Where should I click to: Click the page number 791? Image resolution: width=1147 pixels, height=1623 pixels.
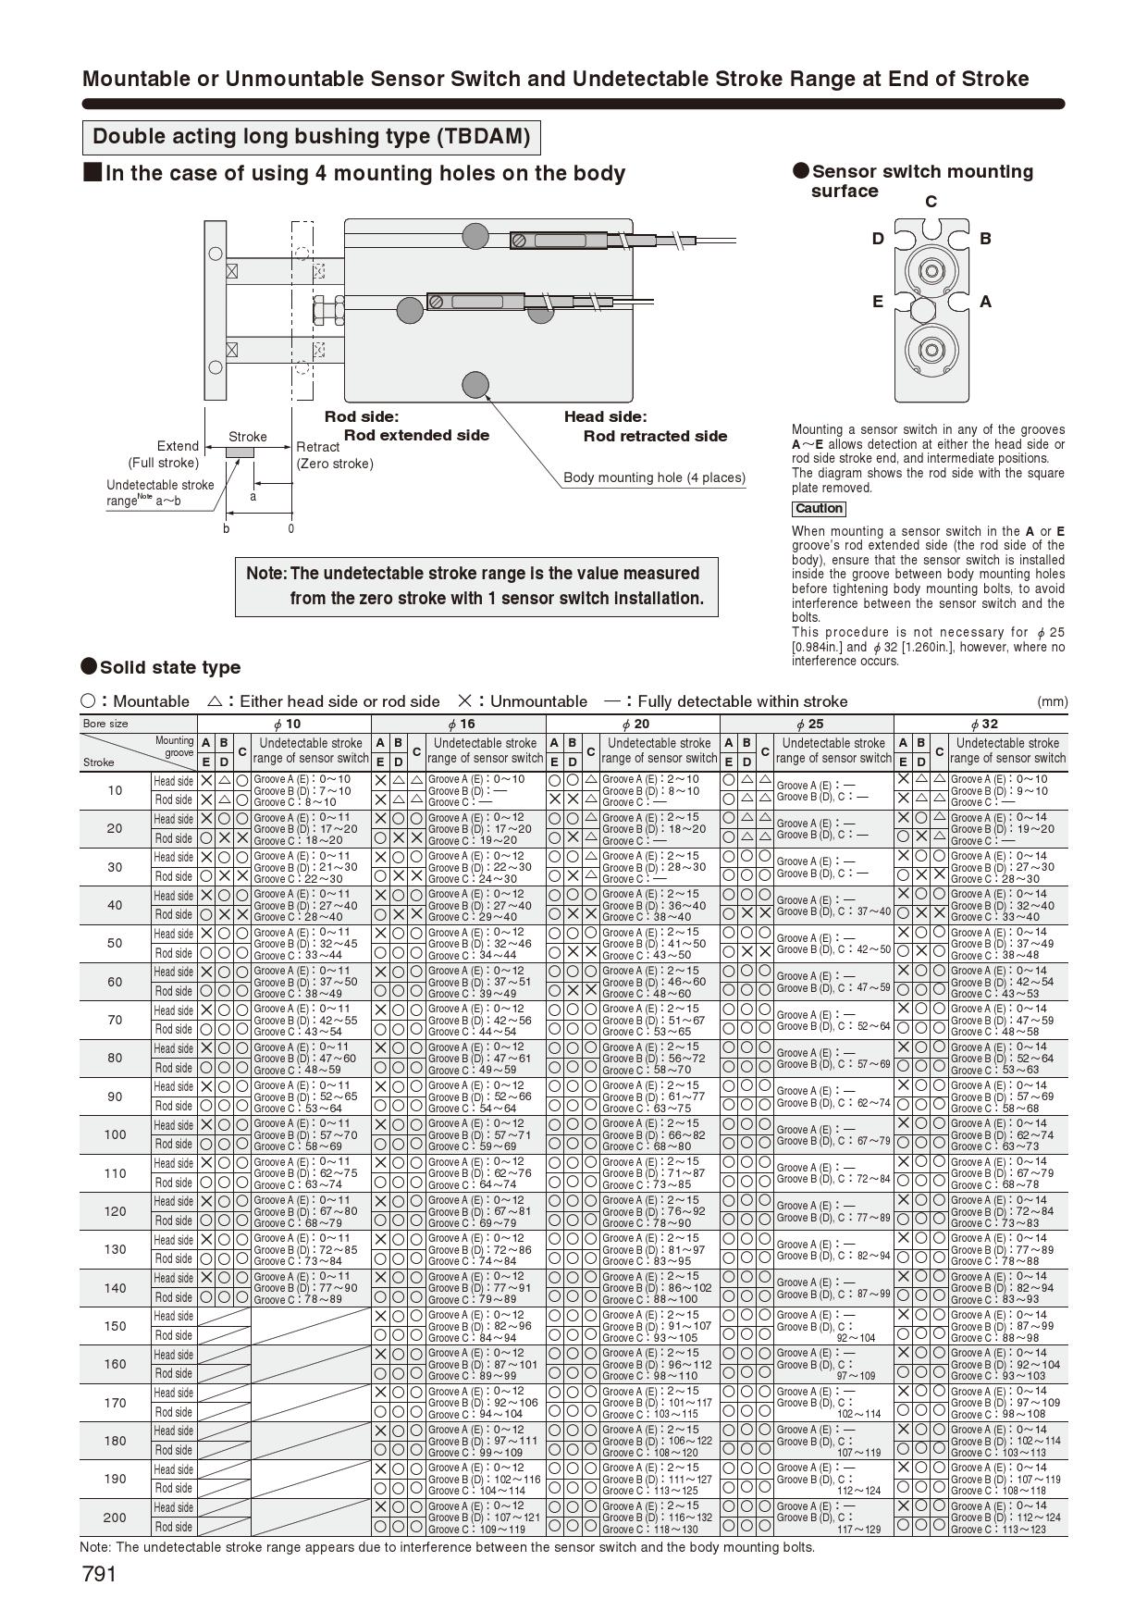click(x=99, y=1574)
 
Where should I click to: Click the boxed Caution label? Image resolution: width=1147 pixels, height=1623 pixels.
click(x=819, y=509)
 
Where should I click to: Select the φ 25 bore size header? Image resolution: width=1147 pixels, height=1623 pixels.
click(x=807, y=725)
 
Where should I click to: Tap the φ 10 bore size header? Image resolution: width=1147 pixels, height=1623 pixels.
click(x=284, y=725)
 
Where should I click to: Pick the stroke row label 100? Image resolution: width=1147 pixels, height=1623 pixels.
click(x=115, y=1134)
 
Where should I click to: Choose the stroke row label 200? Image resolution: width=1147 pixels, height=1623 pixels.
click(x=115, y=1518)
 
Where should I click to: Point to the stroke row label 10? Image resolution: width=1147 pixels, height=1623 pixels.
click(x=115, y=790)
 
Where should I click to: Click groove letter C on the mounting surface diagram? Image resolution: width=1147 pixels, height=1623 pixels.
click(x=931, y=202)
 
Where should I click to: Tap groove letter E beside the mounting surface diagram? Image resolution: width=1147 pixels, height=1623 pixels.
click(x=877, y=302)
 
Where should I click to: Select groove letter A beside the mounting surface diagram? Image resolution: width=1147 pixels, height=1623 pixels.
click(x=985, y=302)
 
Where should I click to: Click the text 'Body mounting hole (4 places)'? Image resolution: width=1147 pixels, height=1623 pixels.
click(x=654, y=478)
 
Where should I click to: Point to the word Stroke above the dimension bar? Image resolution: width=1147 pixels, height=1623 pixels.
click(x=247, y=437)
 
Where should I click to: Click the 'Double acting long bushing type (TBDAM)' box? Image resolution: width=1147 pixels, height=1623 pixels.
click(x=312, y=137)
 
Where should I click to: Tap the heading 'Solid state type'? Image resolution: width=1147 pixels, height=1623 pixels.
click(x=169, y=668)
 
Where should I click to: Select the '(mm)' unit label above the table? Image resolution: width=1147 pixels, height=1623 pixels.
click(x=1052, y=701)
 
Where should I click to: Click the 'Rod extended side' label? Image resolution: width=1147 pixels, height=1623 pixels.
click(x=416, y=436)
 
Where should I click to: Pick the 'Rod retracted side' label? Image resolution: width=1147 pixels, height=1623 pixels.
click(x=655, y=437)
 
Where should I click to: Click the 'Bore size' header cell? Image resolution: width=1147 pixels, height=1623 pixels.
click(x=105, y=724)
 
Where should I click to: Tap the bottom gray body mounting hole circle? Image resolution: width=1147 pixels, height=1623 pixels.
click(x=475, y=384)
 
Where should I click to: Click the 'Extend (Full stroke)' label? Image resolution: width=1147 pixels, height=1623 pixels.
click(x=164, y=454)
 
